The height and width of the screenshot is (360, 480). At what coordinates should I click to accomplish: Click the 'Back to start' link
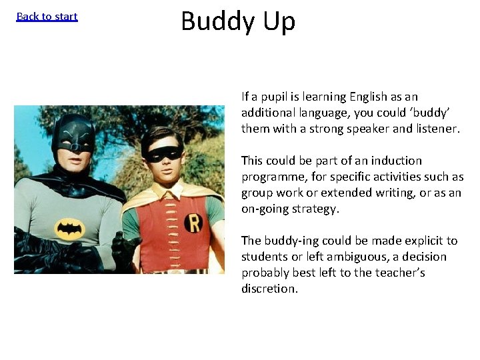pos(47,17)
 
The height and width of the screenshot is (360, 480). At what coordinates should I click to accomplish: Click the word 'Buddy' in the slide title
pos(217,21)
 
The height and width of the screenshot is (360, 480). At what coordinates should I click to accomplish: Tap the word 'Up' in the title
pos(279,21)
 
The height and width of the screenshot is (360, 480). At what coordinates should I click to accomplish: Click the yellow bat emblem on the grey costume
pos(70,229)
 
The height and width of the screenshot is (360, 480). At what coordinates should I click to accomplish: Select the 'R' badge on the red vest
pos(193,222)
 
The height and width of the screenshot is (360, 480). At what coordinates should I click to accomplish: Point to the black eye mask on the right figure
pos(163,154)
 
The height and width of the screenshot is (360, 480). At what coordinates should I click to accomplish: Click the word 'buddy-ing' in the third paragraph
pos(287,241)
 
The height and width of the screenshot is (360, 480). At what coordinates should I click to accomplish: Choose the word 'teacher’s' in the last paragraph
pos(399,273)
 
